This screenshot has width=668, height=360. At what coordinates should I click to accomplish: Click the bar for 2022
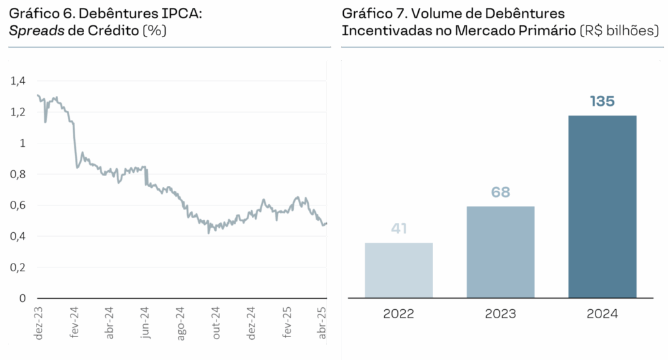(x=399, y=270)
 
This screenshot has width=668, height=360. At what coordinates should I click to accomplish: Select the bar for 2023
(x=500, y=252)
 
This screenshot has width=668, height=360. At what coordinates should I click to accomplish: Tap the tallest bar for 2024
(x=602, y=206)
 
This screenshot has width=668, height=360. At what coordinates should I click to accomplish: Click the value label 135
(x=602, y=101)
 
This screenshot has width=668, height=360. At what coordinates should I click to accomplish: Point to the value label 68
(x=500, y=192)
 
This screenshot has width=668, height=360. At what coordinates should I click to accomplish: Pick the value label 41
(x=399, y=229)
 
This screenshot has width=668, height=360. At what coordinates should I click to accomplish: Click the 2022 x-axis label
(x=399, y=314)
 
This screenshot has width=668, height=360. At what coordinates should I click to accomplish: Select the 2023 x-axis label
(x=500, y=314)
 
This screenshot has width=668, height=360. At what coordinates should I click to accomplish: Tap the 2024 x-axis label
(x=602, y=314)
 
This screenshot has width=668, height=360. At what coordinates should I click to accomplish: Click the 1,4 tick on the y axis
(x=18, y=81)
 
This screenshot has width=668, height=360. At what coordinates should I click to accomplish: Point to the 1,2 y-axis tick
(x=18, y=112)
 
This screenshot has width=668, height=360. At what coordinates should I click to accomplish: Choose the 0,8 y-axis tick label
(x=18, y=174)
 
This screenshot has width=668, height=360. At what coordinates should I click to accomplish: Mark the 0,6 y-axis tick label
(x=18, y=205)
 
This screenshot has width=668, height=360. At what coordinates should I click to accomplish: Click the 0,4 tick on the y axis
(x=18, y=236)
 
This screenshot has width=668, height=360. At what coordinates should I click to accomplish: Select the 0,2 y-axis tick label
(x=18, y=267)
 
